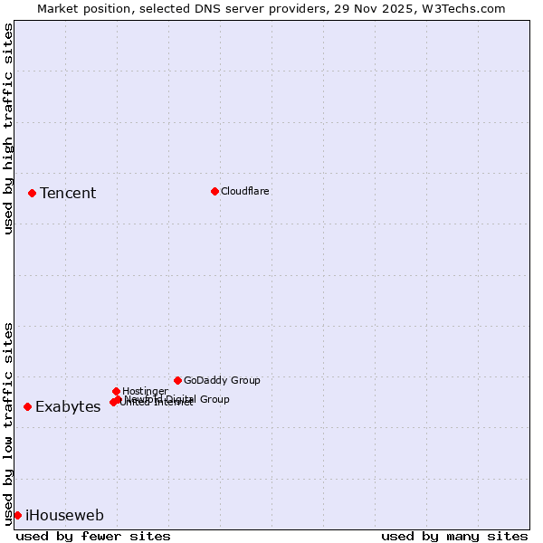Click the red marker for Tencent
click(32, 193)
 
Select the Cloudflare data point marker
click(214, 191)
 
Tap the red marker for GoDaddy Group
click(177, 380)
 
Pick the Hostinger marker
click(116, 391)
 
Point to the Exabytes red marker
click(27, 406)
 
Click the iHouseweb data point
click(17, 515)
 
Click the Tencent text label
click(68, 193)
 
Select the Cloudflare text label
click(245, 191)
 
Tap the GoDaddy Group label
click(222, 380)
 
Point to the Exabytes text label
click(68, 406)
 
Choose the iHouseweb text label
click(64, 515)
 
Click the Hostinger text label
click(145, 391)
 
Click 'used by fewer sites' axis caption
click(93, 536)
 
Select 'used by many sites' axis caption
click(454, 536)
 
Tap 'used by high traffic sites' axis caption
click(8, 129)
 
